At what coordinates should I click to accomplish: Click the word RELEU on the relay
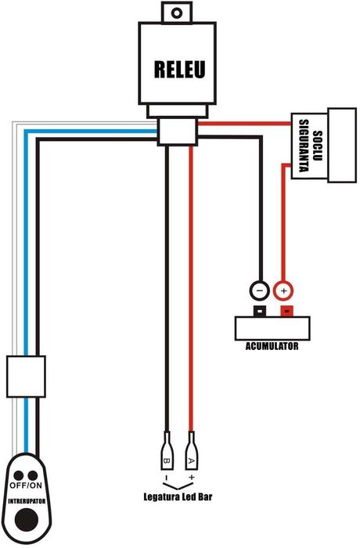178,70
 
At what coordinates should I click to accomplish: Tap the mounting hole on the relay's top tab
178,13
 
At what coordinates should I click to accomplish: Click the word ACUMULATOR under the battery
271,344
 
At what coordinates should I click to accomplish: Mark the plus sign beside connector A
190,476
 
